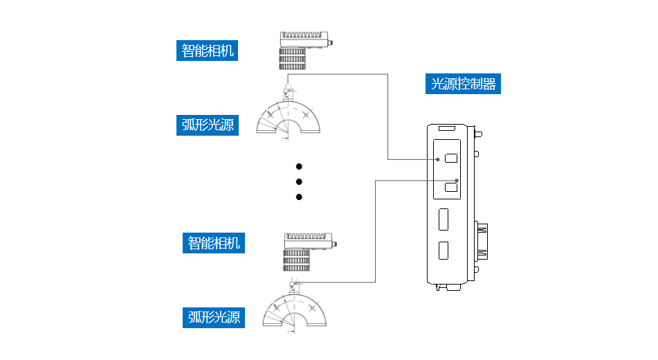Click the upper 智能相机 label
coord(207,51)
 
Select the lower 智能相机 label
coord(214,243)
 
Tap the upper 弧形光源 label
coord(207,125)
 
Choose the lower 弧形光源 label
coord(214,317)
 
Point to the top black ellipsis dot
coord(300,167)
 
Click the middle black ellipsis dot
coord(300,182)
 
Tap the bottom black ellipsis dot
coord(300,197)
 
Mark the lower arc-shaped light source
coord(295,310)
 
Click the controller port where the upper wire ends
coord(451,158)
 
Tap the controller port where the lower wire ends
coord(451,187)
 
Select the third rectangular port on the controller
coord(444,219)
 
